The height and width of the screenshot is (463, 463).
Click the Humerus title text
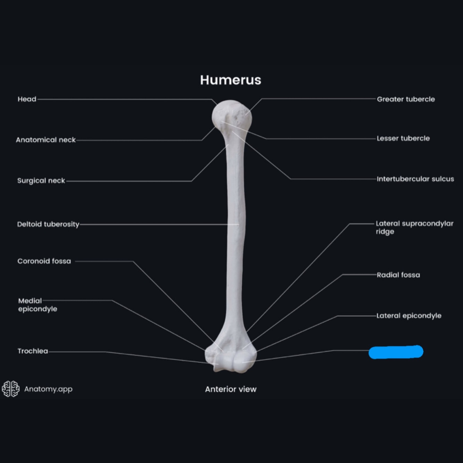(x=230, y=80)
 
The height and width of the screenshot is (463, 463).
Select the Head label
(x=27, y=99)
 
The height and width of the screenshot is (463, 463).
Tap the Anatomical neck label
(x=45, y=140)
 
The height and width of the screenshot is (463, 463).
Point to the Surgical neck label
(x=41, y=180)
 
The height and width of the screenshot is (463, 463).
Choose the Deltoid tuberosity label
(x=48, y=224)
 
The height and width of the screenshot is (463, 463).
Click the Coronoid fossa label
(x=44, y=261)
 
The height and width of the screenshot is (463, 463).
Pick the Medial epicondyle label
(x=37, y=305)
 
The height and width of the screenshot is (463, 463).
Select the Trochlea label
(x=33, y=351)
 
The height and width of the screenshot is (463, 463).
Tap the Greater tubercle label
(x=406, y=99)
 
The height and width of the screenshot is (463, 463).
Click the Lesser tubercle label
(x=403, y=138)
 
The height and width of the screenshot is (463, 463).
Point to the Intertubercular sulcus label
(x=415, y=179)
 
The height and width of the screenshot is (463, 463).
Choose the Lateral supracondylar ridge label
(x=414, y=227)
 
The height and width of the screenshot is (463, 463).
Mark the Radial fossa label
(x=398, y=275)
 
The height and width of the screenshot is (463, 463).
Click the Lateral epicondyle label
(x=409, y=316)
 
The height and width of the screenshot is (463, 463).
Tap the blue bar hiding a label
(x=396, y=352)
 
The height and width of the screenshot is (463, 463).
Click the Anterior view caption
(x=230, y=389)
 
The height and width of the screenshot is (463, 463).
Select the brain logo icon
(x=11, y=389)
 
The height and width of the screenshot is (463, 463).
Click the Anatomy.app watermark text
(x=48, y=389)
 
